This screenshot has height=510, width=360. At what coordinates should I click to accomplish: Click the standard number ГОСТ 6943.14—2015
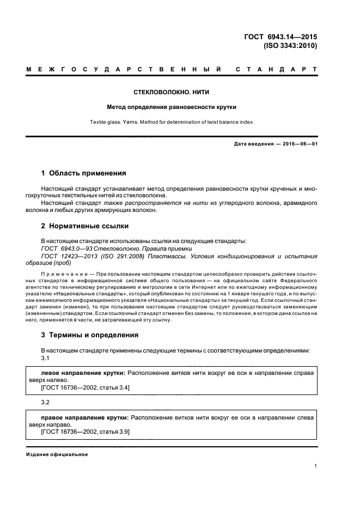point(283,37)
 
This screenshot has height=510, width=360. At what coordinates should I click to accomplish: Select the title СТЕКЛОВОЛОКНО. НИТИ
point(172,93)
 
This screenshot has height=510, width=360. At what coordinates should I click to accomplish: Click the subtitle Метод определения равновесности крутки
point(172,107)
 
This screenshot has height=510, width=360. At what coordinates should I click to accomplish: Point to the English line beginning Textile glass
point(172,122)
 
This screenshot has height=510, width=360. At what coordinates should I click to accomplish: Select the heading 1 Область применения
point(84,173)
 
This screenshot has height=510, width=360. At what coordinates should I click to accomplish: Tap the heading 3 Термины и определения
point(90,335)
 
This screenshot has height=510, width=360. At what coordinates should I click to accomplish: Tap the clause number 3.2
point(46,402)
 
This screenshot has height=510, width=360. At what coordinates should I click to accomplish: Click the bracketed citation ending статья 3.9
point(85,432)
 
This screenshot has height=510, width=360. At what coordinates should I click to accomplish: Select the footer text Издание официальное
point(57,454)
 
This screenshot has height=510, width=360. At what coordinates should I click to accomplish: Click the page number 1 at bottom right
point(316,466)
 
